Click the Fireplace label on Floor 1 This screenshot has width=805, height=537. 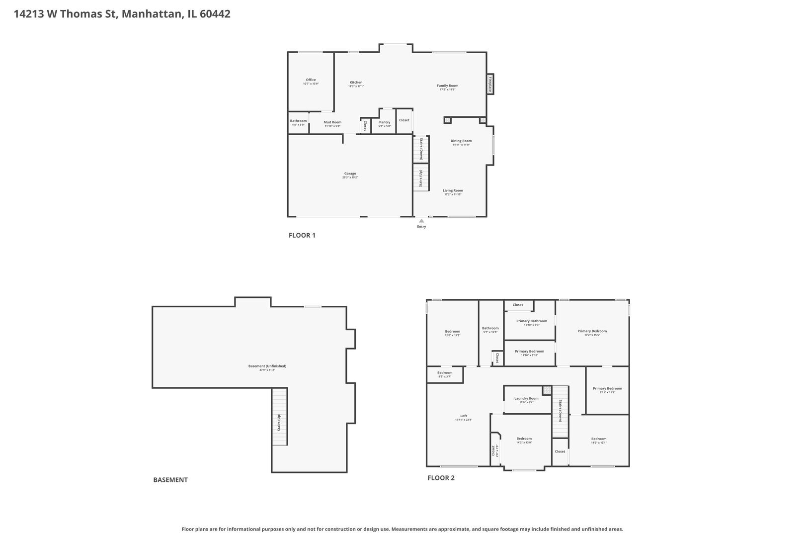click(489, 84)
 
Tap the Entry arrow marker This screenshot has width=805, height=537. click(421, 220)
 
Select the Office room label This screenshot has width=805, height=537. click(311, 80)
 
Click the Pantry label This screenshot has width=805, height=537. click(385, 122)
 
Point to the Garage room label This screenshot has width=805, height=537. click(350, 174)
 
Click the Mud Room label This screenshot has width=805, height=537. click(332, 122)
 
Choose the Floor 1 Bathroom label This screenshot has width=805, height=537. click(298, 121)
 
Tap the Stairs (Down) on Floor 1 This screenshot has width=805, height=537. click(421, 149)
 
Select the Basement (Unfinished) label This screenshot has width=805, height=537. click(267, 366)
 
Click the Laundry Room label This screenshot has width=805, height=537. click(526, 398)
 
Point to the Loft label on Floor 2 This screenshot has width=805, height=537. click(463, 416)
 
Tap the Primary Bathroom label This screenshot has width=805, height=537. click(531, 321)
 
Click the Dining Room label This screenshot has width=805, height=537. click(461, 141)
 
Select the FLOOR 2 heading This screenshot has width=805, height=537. click(441, 478)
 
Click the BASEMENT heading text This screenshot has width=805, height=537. click(170, 480)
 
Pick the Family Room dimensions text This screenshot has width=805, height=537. click(447, 90)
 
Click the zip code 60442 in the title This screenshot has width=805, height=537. click(215, 14)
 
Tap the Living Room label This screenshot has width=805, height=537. click(453, 190)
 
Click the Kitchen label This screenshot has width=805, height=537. click(356, 83)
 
